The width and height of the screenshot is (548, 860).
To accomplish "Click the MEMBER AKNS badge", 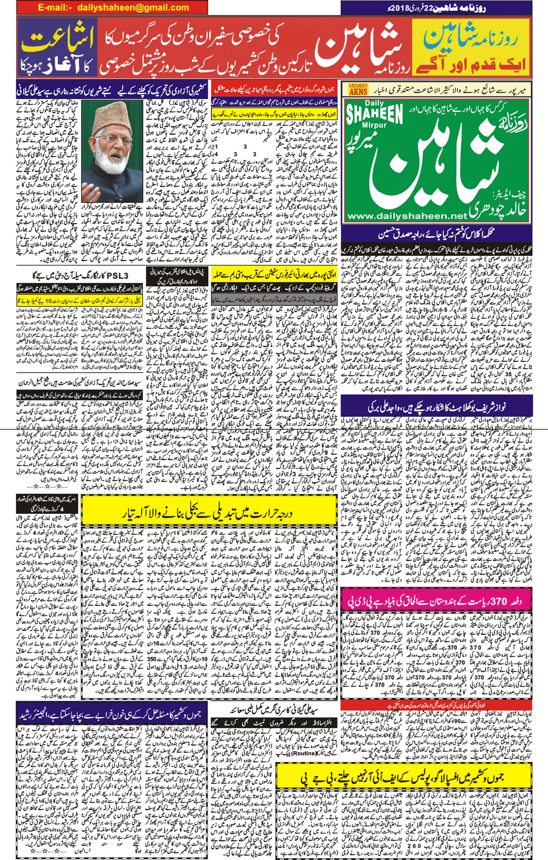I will pyautogui.click(x=358, y=90).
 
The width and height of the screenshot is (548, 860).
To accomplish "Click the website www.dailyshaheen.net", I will pyautogui.click(x=406, y=216).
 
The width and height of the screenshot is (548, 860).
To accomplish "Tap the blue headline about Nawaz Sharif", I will pyautogui.click(x=437, y=406).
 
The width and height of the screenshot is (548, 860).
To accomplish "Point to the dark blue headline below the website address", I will pyautogui.click(x=437, y=233).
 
